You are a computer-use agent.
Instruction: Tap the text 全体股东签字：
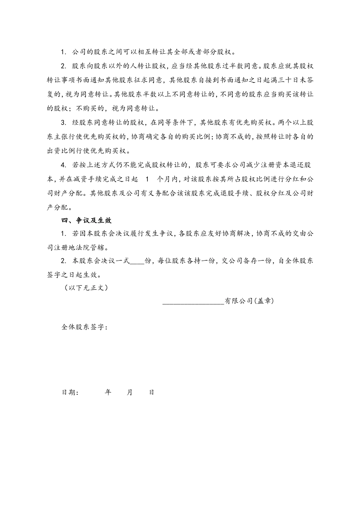point(85,327)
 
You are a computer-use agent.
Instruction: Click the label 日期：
point(70,392)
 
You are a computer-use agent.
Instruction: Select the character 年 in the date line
point(108,392)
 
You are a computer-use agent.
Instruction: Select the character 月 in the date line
point(130,392)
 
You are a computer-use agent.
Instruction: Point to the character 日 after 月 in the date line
point(151,392)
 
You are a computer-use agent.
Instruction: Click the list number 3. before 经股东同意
point(64,123)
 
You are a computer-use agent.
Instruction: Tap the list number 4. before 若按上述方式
point(64,165)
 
